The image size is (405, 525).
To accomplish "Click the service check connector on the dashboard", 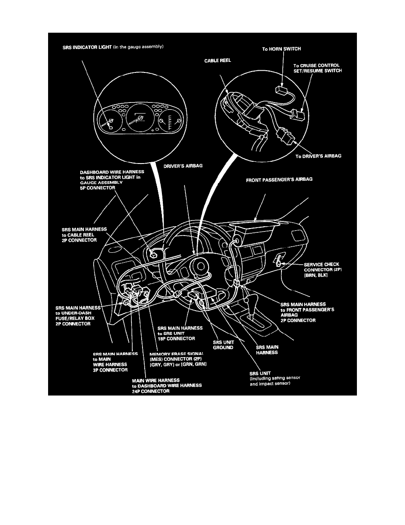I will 278,263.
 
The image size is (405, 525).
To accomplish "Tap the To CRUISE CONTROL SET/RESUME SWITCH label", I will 317,68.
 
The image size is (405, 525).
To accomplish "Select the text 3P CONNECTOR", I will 110,370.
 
